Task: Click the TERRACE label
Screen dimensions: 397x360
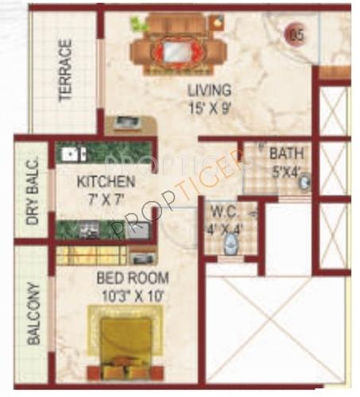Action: (65, 71)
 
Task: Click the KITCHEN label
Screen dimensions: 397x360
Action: (106, 183)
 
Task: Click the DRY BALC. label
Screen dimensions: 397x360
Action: (33, 195)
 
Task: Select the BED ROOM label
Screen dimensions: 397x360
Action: (133, 278)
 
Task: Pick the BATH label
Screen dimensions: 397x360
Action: (284, 154)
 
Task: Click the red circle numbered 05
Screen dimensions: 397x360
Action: (296, 34)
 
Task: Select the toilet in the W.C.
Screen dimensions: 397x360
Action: (230, 245)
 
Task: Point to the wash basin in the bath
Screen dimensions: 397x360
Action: (304, 183)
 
